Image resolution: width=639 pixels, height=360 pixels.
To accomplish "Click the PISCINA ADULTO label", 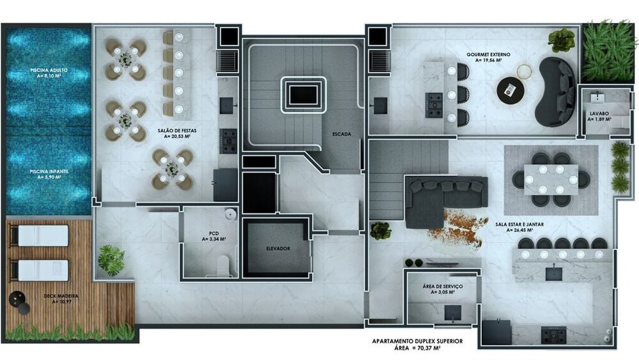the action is tap(49, 70).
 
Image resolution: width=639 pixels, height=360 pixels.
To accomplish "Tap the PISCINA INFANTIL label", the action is tap(49, 171).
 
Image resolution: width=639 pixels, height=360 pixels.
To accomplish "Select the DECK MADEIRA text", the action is tap(61, 296).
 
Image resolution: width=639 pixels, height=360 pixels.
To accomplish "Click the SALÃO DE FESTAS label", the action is tap(177, 131).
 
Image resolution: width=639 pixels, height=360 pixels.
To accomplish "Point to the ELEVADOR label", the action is tap(278, 248).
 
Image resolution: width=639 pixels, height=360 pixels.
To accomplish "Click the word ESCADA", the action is tap(341, 134).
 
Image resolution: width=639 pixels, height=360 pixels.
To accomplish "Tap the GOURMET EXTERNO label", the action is tap(488, 54).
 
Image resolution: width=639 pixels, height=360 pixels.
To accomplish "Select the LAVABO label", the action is tap(599, 114).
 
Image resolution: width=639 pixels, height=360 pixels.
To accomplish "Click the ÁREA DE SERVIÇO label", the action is tap(443, 286).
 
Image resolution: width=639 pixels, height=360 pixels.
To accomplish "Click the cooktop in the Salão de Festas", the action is tap(228, 141).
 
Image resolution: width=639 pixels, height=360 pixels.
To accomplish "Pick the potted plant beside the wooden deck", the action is tap(111, 260).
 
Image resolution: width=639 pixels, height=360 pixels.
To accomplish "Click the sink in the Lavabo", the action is tap(599, 97).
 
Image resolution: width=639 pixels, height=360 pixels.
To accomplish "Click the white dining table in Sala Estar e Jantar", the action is tap(551, 180).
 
